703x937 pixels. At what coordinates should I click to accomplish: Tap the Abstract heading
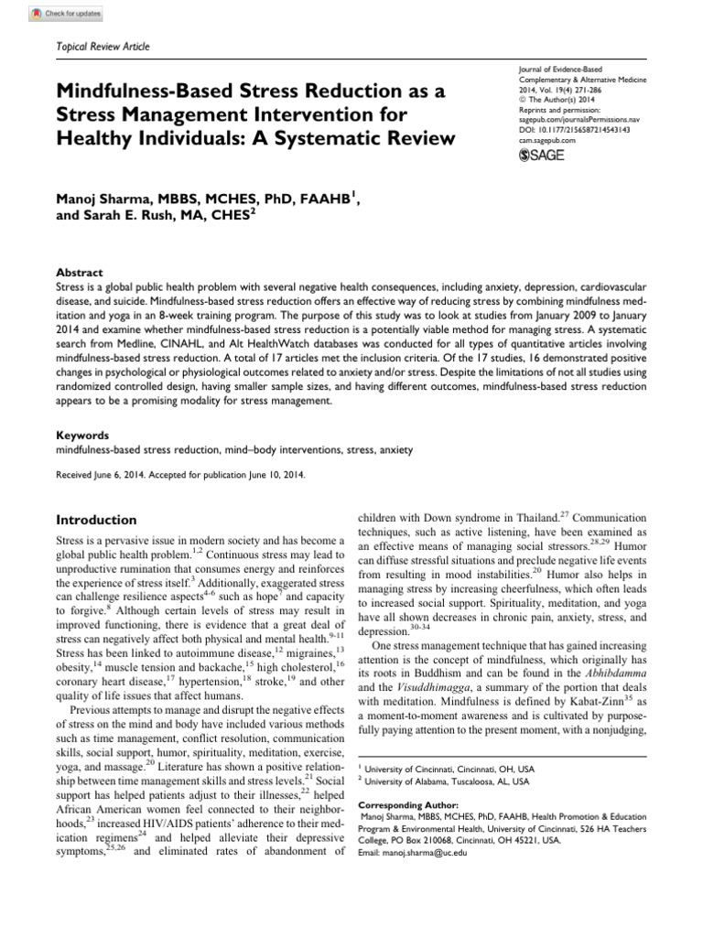[80, 273]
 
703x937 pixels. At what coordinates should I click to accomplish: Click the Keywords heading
[82, 436]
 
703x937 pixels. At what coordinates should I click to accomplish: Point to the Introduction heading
[97, 520]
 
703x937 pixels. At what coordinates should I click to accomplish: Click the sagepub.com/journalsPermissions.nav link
[573, 120]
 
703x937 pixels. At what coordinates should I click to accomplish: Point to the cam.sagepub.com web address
[540, 142]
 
